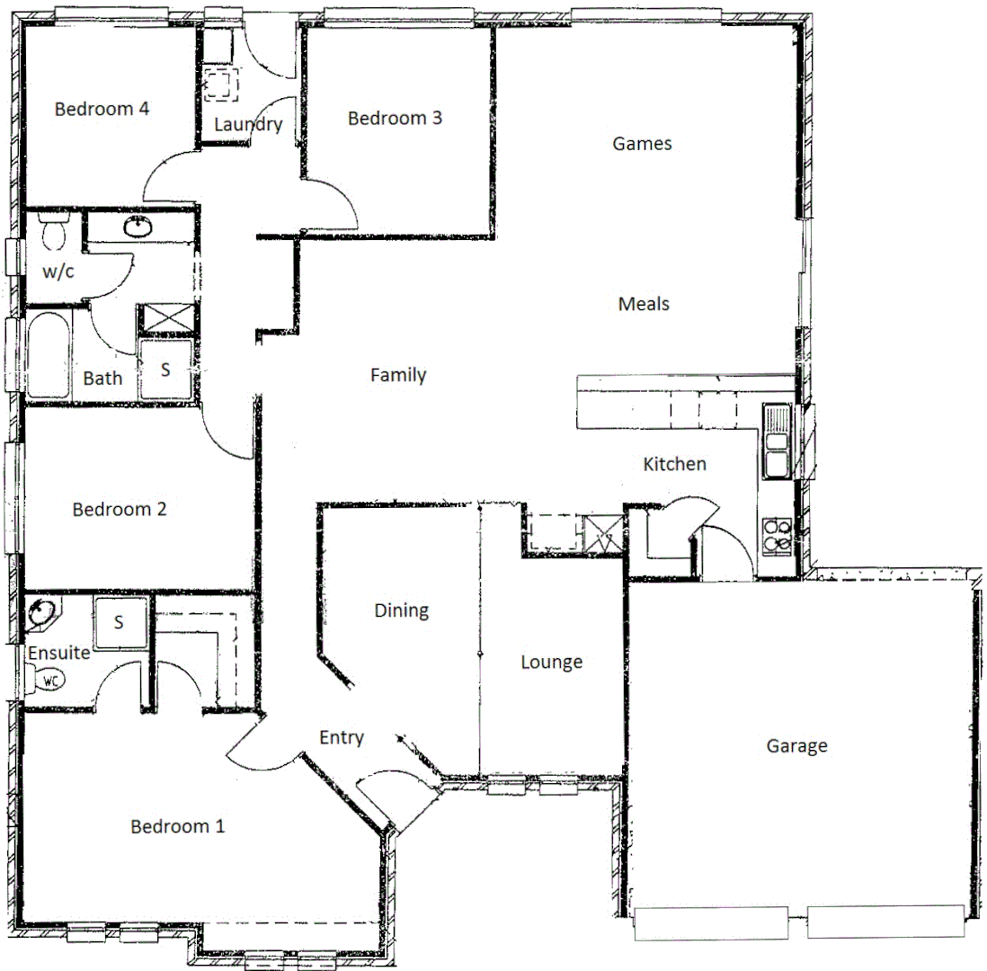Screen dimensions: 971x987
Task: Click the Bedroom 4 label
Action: pyautogui.click(x=102, y=109)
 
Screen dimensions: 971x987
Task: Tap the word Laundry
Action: pyautogui.click(x=248, y=125)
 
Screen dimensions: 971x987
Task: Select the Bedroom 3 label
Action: pyautogui.click(x=395, y=118)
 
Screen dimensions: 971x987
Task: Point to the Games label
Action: pyautogui.click(x=642, y=143)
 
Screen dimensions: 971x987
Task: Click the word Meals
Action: pyautogui.click(x=644, y=304)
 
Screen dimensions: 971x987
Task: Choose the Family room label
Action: pyautogui.click(x=398, y=375)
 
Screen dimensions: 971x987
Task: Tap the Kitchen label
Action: pyautogui.click(x=674, y=464)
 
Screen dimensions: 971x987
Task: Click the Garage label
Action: pyautogui.click(x=796, y=745)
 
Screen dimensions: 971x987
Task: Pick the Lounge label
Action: pyautogui.click(x=552, y=663)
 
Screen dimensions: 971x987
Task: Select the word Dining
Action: pyautogui.click(x=401, y=610)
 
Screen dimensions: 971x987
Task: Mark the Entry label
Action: pyautogui.click(x=342, y=738)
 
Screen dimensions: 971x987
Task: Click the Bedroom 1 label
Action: pyautogui.click(x=177, y=825)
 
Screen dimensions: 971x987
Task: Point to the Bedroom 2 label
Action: pyautogui.click(x=120, y=509)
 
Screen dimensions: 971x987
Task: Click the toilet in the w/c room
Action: pyautogui.click(x=53, y=233)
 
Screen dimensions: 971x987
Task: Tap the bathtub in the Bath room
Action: pyautogui.click(x=47, y=355)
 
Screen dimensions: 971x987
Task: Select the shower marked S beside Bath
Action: pyautogui.click(x=166, y=369)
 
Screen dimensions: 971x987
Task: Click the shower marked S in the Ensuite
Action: pyautogui.click(x=120, y=621)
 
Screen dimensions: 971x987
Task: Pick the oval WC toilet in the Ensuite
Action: pyautogui.click(x=49, y=682)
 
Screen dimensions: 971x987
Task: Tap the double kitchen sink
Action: pyautogui.click(x=776, y=441)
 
